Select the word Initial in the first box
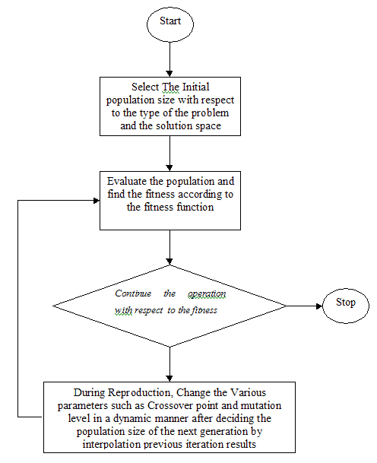point(196,87)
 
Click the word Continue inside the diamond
point(133,293)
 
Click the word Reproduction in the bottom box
point(139,393)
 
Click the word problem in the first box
point(211,113)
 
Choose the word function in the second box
point(195,207)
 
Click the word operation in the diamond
point(207,293)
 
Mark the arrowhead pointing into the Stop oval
point(319,306)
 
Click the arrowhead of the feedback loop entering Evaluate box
point(97,201)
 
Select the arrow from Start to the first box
point(169,59)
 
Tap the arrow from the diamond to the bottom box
point(169,364)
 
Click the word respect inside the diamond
point(148,310)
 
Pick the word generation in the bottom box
point(224,431)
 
